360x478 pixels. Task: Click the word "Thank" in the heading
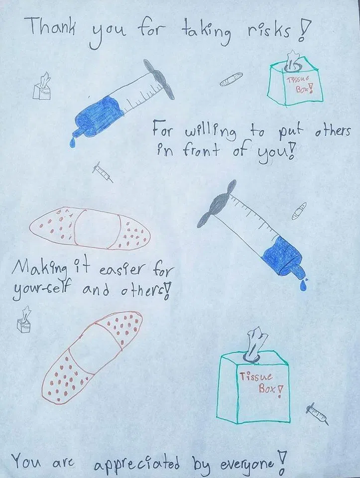(x=51, y=26)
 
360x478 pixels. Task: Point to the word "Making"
(x=39, y=268)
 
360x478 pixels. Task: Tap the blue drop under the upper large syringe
(x=72, y=142)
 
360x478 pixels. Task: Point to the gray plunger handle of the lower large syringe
(x=216, y=204)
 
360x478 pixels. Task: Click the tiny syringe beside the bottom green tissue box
(x=317, y=414)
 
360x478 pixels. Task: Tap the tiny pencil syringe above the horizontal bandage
(x=103, y=172)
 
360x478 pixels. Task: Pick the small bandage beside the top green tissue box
(x=232, y=79)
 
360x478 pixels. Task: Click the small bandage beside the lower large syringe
(x=299, y=211)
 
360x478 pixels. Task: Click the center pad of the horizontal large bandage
(x=96, y=229)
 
